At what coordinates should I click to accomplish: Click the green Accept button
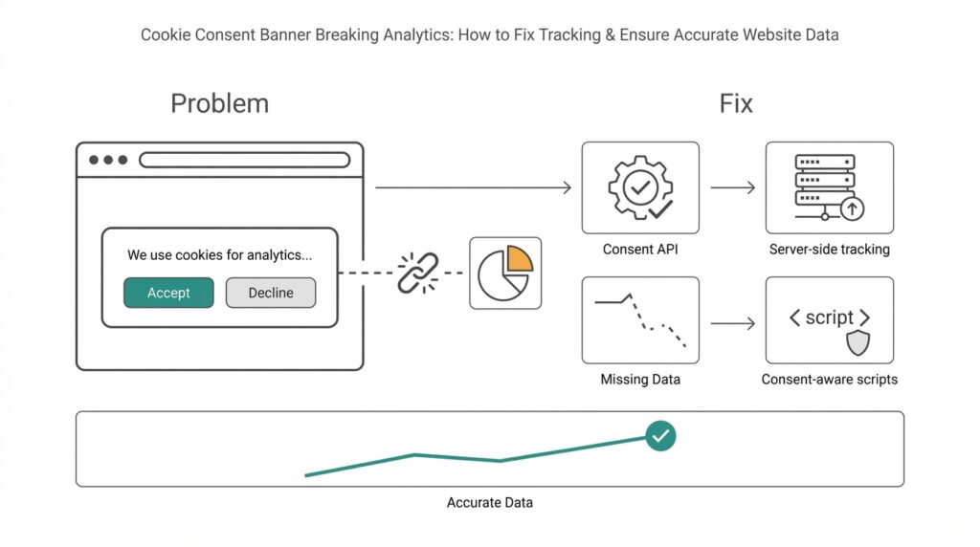168,293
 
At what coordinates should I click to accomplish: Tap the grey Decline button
271,293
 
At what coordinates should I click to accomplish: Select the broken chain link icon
417,273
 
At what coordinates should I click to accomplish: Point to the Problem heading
219,103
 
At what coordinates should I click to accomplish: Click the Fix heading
736,103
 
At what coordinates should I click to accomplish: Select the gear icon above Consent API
639,186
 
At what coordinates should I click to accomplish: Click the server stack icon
826,185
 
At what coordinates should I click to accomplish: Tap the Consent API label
640,250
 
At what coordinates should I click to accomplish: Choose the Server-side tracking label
829,250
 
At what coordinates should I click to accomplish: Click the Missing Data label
640,380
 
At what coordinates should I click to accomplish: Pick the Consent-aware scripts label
829,380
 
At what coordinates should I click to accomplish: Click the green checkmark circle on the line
659,436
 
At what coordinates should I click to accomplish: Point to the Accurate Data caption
490,502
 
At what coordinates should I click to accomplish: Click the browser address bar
244,160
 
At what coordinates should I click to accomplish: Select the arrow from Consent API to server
733,187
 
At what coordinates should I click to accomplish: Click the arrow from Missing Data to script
733,324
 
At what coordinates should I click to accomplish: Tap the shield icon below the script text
857,343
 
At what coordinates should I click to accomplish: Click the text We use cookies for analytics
219,255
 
